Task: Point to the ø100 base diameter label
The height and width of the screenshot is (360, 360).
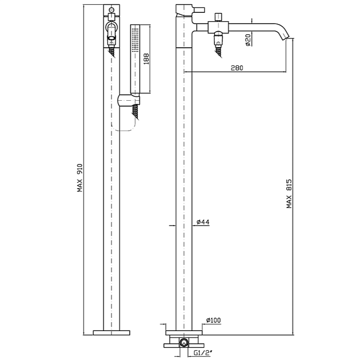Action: [213, 320]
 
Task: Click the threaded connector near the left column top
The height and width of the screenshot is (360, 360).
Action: [111, 49]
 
